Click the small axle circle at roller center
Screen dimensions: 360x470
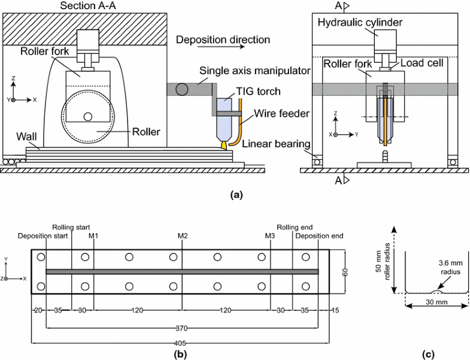point(88,116)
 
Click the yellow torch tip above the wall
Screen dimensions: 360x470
point(223,144)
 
